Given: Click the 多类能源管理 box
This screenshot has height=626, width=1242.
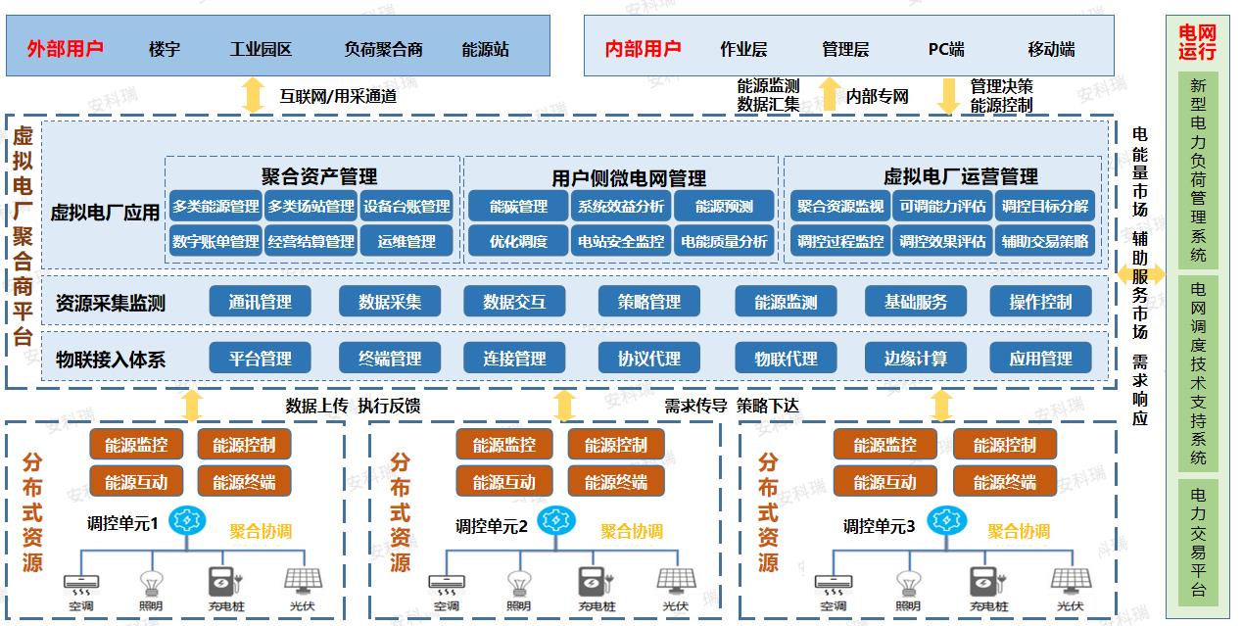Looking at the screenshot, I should (x=215, y=207).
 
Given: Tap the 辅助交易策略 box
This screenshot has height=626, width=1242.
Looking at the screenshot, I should (x=1044, y=241).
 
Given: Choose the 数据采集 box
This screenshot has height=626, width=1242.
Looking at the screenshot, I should (x=390, y=302).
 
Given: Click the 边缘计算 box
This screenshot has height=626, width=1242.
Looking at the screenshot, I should (x=916, y=359).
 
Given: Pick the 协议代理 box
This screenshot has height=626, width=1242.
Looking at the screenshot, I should (x=648, y=359).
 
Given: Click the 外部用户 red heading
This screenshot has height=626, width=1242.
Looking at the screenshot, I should (x=66, y=49).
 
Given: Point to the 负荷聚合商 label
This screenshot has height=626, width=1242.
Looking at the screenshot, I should (x=383, y=49).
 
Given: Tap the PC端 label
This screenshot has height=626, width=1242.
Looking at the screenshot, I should (x=946, y=49).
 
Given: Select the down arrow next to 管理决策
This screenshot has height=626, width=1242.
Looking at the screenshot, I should (x=948, y=95).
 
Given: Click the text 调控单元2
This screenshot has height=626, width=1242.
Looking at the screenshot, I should (x=492, y=527).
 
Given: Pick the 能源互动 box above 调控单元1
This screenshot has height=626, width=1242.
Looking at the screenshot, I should (x=136, y=482).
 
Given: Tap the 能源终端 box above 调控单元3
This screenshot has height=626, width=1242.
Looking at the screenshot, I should (x=1004, y=482).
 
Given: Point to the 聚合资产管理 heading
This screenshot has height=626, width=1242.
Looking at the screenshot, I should (x=318, y=176).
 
